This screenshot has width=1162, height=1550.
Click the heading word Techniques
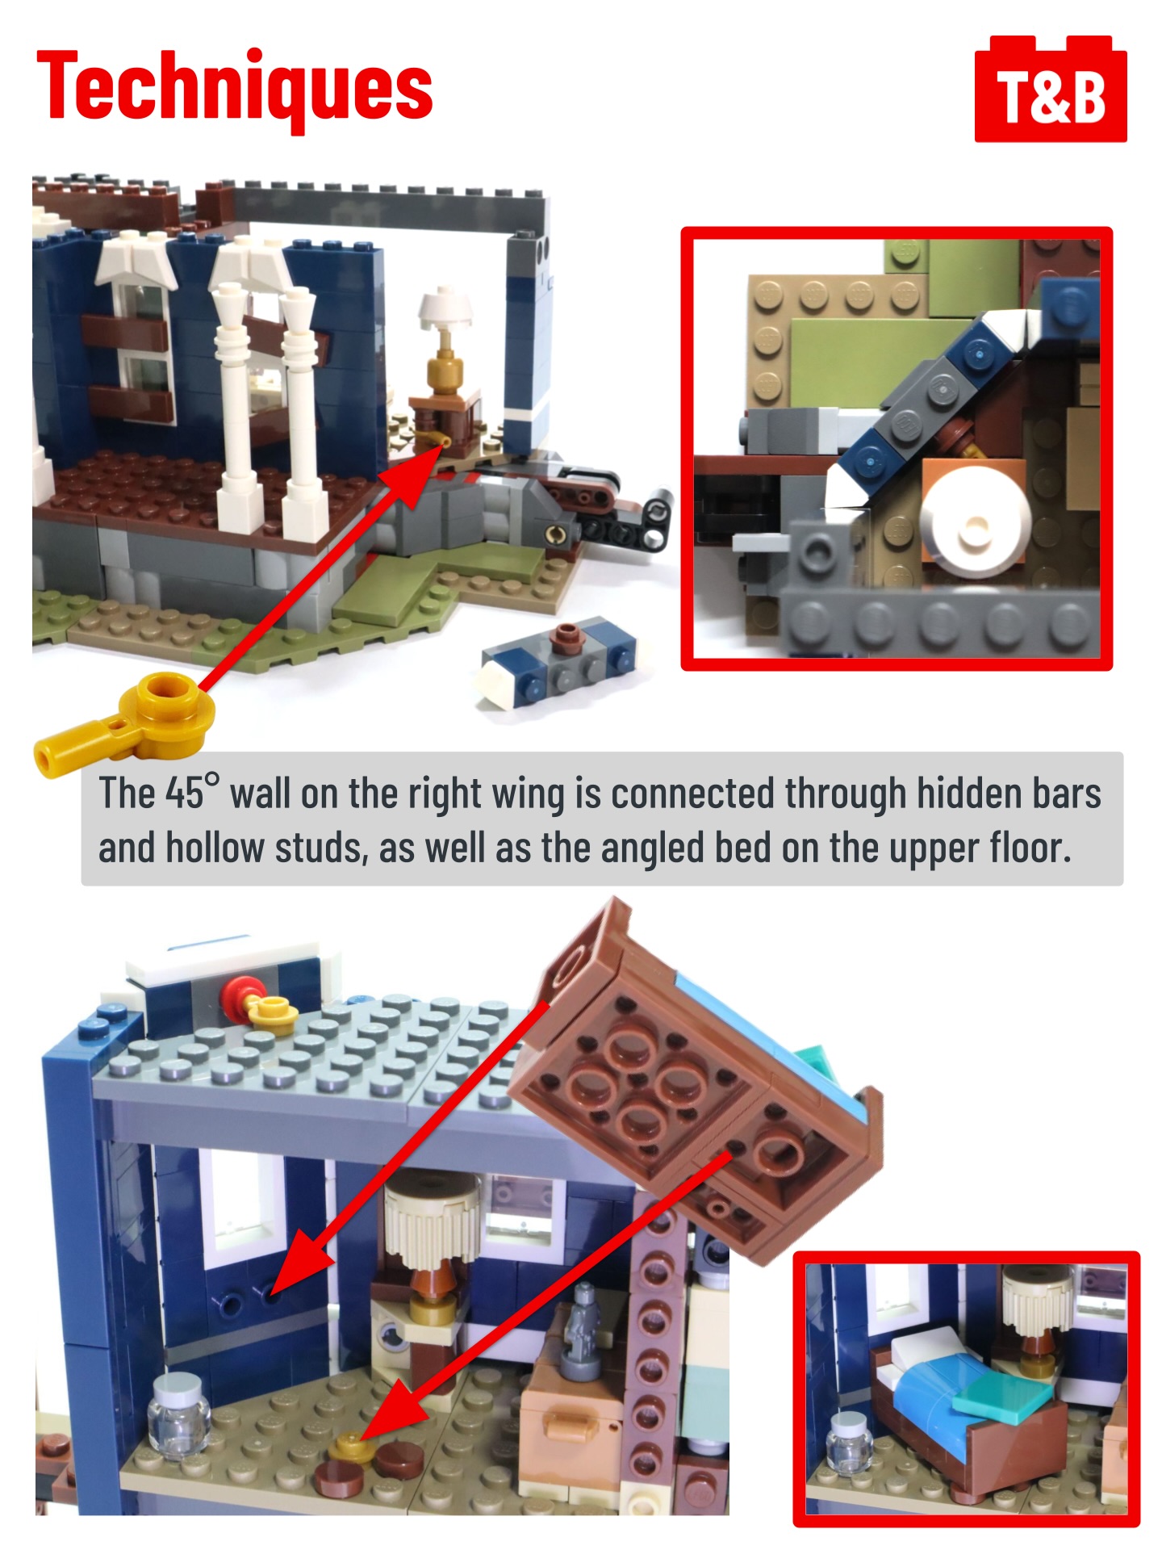pos(235,88)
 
